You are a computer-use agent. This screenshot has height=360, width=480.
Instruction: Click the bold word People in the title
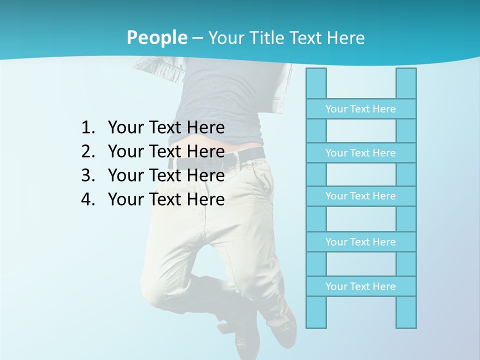pyautogui.click(x=156, y=37)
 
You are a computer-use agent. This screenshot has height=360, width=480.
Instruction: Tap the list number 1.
pyautogui.click(x=87, y=128)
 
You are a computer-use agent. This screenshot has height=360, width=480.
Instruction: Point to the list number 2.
pyautogui.click(x=87, y=151)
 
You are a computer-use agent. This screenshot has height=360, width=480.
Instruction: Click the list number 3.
pyautogui.click(x=87, y=175)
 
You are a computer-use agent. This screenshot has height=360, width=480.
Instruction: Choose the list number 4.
pyautogui.click(x=87, y=199)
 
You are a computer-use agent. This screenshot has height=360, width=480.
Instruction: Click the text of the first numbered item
pyautogui.click(x=166, y=128)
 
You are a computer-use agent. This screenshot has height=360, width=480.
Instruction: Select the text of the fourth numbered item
pyautogui.click(x=166, y=199)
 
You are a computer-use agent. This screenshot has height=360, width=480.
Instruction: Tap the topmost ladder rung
pyautogui.click(x=360, y=109)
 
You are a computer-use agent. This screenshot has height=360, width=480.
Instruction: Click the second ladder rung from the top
pyautogui.click(x=360, y=153)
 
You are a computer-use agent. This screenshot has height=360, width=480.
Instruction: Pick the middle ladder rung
pyautogui.click(x=360, y=196)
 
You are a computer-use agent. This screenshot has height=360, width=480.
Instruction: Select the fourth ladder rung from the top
pyautogui.click(x=360, y=242)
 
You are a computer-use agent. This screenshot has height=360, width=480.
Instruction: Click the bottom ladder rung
pyautogui.click(x=360, y=286)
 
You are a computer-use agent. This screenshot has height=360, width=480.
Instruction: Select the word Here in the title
pyautogui.click(x=345, y=37)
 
